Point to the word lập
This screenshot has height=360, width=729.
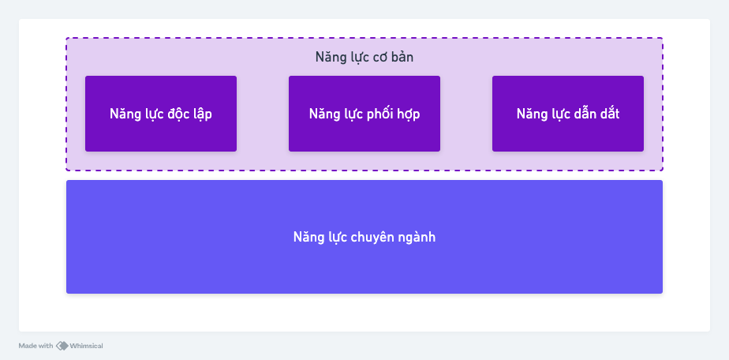coord(201,114)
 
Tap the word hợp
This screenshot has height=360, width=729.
coord(407,114)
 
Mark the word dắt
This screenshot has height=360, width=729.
coord(608,114)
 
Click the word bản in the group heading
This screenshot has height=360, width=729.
coord(402,57)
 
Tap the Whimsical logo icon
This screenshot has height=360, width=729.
coord(62,346)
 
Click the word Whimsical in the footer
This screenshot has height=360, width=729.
coord(87,346)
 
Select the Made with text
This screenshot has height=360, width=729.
coord(36,346)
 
